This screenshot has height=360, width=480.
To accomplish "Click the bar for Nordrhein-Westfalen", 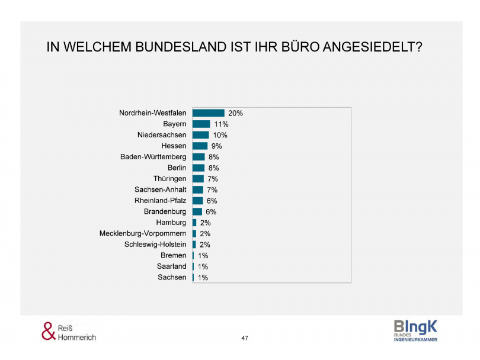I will (x=208, y=113).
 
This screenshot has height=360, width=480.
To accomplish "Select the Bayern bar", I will (x=201, y=124).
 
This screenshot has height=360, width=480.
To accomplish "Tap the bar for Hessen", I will (x=200, y=146).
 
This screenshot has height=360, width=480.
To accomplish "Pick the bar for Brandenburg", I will (x=197, y=211).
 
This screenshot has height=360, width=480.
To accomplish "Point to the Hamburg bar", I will (x=194, y=223).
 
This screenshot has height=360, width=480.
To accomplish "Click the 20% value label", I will (x=235, y=113).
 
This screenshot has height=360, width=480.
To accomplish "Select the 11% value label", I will (x=221, y=124).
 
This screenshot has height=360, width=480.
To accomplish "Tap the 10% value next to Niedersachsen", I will (x=220, y=135).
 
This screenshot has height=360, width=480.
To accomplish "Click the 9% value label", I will (x=216, y=146).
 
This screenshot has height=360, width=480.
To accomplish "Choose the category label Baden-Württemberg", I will (x=153, y=157).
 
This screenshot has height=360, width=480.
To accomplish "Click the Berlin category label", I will (x=177, y=168).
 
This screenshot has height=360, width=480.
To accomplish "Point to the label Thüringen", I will (x=169, y=179).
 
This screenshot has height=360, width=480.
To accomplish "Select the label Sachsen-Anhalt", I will (x=160, y=189).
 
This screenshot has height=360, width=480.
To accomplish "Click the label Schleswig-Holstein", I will (x=155, y=245).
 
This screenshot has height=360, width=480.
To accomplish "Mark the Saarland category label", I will (x=172, y=266).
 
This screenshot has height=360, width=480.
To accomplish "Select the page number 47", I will (x=245, y=338).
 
